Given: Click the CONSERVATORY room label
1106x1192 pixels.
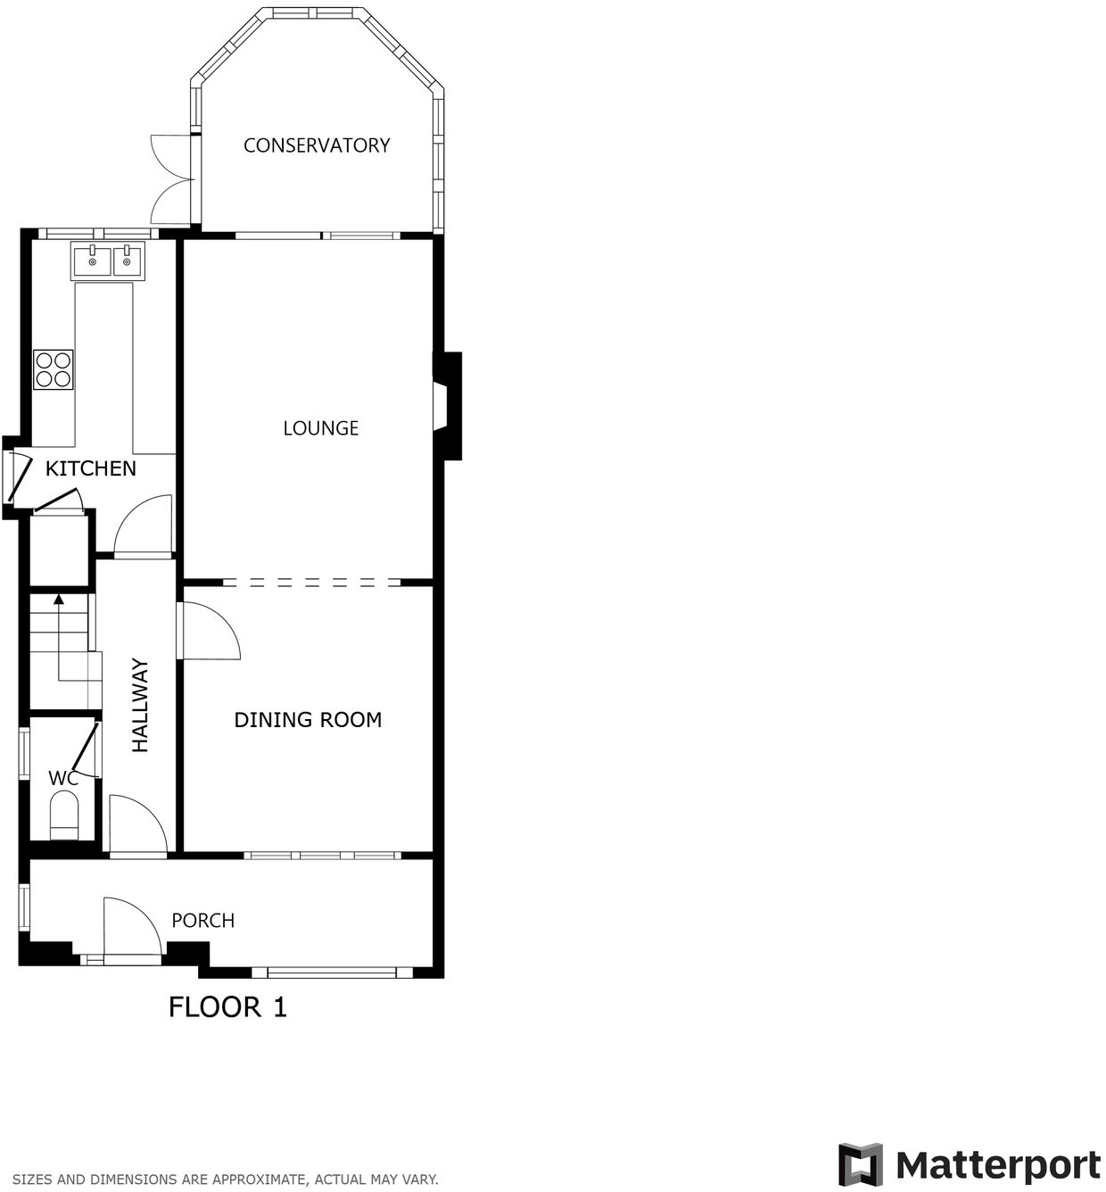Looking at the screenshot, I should [317, 145].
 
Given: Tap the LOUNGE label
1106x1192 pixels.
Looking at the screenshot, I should [320, 428].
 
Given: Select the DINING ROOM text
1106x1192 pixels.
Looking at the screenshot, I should [308, 720].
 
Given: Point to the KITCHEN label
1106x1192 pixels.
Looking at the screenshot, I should [91, 468].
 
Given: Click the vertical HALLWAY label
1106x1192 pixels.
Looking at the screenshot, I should [140, 705].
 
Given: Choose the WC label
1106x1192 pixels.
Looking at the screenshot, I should [63, 778].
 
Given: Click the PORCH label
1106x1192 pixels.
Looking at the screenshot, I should [202, 921].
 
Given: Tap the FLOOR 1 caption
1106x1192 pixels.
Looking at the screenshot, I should [227, 1007].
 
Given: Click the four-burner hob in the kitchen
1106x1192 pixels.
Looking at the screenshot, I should [53, 369].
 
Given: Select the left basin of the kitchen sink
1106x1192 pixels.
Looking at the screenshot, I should [92, 262].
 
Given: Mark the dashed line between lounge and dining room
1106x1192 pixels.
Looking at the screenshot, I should [310, 583].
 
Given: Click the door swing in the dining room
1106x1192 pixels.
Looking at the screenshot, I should [210, 633].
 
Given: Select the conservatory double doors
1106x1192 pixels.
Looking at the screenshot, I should [172, 178].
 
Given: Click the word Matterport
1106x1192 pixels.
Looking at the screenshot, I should [997, 1166].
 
